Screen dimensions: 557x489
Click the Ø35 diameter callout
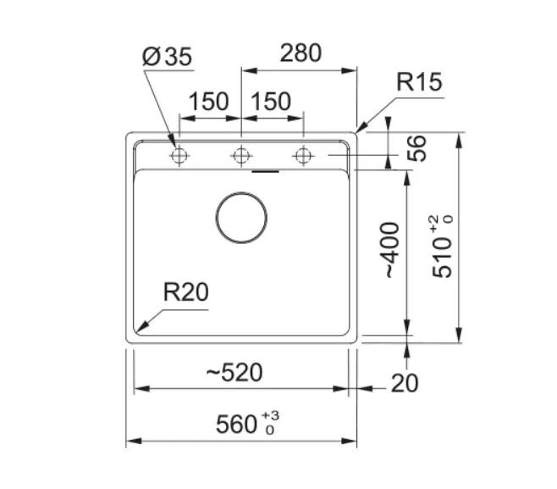167,57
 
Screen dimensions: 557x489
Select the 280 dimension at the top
301,53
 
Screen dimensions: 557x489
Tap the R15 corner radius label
419,82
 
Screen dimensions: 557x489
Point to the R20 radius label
185,292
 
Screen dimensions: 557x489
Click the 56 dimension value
416,148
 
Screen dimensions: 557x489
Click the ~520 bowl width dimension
234,372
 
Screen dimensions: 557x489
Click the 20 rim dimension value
405,383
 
